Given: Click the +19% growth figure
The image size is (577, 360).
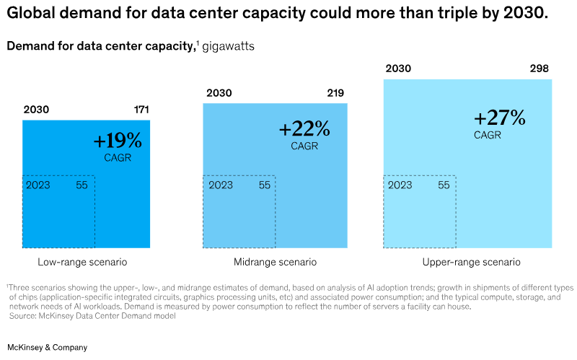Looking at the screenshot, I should click(118, 140).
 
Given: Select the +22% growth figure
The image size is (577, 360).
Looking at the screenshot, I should click(304, 129).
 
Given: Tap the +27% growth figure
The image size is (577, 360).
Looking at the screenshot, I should click(499, 118).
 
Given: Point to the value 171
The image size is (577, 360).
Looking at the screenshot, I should click(141, 110).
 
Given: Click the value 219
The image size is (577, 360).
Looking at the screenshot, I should click(335, 93).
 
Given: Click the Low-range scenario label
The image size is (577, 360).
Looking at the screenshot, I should click(77, 262).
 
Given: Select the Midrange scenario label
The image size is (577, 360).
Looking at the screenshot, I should click(276, 262).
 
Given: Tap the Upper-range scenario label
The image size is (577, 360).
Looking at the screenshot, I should click(471, 262).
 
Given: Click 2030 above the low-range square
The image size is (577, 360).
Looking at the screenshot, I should click(36, 110).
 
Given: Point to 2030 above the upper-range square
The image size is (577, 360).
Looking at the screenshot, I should click(398, 69).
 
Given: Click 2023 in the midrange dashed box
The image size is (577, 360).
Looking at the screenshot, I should click(221, 185).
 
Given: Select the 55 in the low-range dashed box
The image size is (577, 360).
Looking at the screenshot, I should click(82, 185).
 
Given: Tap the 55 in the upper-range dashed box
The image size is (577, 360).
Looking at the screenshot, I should click(444, 185).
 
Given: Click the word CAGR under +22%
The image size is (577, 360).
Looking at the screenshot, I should click(304, 146).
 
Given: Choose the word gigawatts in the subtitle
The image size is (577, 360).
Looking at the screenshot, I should click(228, 46).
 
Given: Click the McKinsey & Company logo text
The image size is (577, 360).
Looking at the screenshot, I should click(47, 347).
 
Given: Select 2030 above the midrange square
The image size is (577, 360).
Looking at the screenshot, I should click(219, 93).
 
